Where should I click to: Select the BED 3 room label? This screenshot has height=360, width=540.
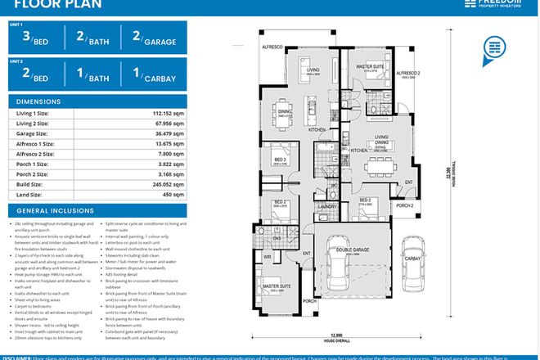[x=281, y=159]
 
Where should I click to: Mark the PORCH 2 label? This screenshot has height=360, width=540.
[x=404, y=205]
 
